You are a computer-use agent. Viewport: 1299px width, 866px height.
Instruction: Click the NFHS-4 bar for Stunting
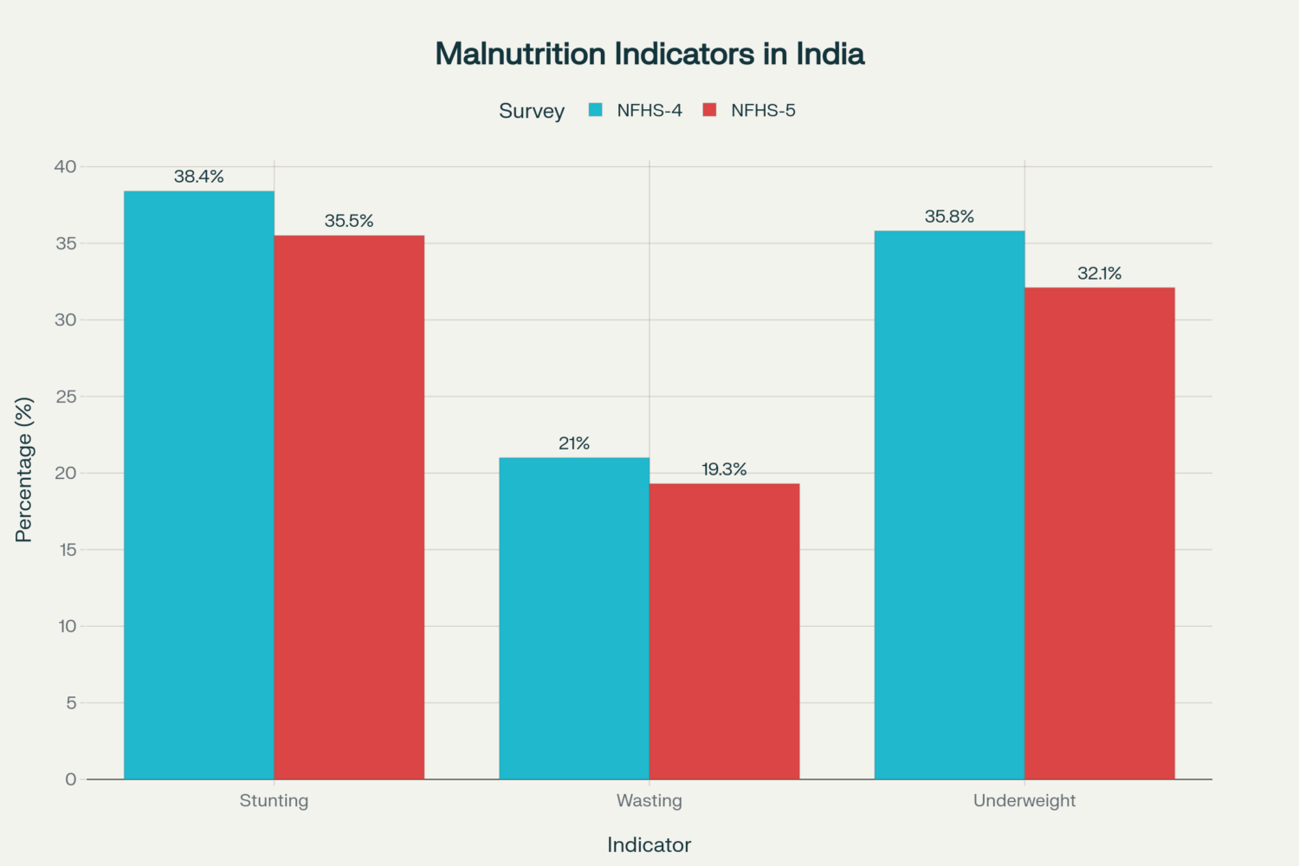coord(199,485)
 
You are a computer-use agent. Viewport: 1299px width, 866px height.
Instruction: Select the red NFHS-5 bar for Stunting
coord(349,507)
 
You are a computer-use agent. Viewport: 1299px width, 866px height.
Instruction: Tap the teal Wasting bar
coord(574,618)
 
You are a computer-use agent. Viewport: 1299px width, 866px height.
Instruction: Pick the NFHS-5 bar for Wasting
coord(724,631)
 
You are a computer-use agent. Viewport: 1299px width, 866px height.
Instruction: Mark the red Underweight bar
coord(1100,533)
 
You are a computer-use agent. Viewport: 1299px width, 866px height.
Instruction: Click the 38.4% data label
coord(199,177)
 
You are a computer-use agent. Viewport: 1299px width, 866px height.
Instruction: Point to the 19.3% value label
coord(724,469)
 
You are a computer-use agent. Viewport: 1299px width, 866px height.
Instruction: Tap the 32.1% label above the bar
coord(1100,274)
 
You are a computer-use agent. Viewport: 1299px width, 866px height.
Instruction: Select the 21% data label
coord(574,443)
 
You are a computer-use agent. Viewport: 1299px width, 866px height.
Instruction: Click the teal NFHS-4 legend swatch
coord(596,110)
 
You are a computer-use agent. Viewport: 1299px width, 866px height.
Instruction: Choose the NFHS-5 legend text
coord(763,110)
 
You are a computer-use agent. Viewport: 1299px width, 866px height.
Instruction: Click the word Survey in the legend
coord(532,111)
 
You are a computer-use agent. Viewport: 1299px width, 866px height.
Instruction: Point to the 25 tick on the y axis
coord(67,397)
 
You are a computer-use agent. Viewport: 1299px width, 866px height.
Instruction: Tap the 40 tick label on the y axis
coord(66,166)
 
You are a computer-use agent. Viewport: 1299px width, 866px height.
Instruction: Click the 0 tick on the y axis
coord(71,779)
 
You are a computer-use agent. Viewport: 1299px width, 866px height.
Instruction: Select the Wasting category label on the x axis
coord(649,800)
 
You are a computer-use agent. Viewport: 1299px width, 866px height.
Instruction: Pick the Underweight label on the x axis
coord(1024,800)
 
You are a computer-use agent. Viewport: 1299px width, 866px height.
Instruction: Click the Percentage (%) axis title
coord(24,469)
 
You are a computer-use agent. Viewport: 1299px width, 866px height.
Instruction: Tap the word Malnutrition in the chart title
coord(520,54)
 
